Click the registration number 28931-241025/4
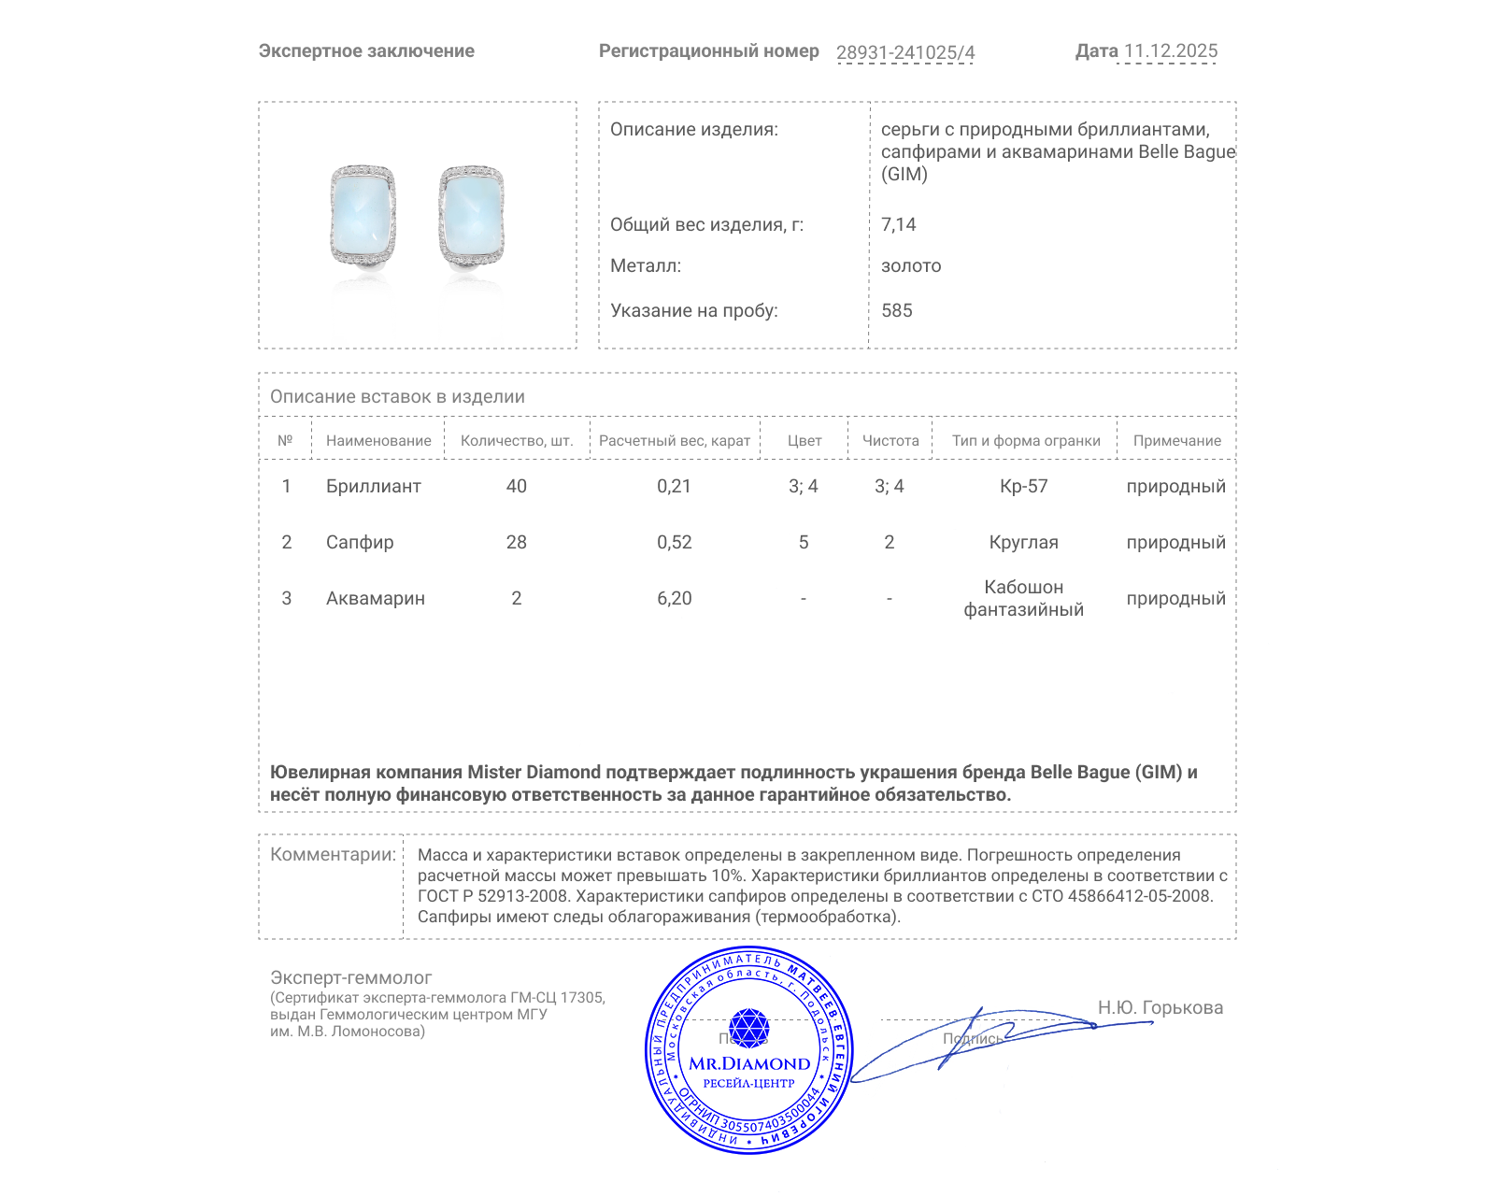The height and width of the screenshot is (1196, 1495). coord(904,52)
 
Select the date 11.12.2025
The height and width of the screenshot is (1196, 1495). coord(1170,51)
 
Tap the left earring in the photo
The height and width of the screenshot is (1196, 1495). coord(363,216)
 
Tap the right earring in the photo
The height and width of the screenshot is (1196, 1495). coord(472,216)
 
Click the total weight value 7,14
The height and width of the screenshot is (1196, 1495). coord(898,224)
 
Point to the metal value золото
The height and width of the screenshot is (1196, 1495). coord(911,265)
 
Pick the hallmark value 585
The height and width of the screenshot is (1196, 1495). coord(896,310)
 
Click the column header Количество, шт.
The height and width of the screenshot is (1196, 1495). coord(516,440)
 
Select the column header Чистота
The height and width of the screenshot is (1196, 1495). coord(890,440)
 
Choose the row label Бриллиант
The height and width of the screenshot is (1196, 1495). coord(373,486)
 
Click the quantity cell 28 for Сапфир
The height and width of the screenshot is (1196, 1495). coord(516,542)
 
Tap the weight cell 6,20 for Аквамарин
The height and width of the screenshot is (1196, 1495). coord(674,598)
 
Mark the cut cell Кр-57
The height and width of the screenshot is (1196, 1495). coord(1023,486)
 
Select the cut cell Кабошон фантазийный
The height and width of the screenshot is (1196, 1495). coord(1023,598)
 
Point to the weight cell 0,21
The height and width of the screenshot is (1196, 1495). coord(674,486)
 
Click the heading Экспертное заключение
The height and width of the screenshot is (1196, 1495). coord(366,51)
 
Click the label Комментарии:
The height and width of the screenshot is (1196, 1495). coord(333,854)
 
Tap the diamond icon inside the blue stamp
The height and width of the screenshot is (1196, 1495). coord(748,1028)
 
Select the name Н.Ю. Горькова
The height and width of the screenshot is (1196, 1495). coord(1160,1007)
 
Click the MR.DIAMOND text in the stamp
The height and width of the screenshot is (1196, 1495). coord(749,1063)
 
